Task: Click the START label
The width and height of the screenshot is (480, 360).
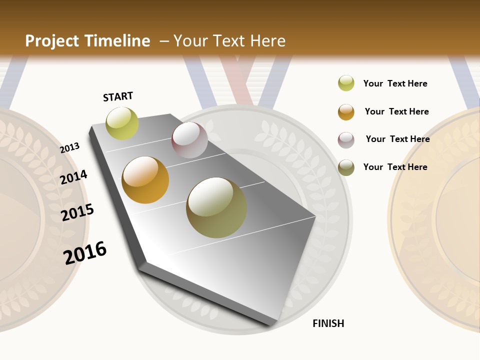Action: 118,96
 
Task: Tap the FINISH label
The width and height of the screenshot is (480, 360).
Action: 328,323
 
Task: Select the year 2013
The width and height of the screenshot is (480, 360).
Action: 70,148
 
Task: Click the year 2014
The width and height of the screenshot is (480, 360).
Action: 73,177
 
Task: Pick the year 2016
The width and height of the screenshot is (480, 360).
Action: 85,252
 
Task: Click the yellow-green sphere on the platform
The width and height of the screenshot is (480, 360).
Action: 122,123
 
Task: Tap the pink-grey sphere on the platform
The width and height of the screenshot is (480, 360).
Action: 189,140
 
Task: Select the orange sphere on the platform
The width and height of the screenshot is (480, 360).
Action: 145,180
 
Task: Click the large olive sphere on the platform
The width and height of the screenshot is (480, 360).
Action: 216,207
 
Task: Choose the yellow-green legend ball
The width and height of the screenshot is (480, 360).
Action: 346,83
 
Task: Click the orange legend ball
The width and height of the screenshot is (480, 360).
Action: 346,112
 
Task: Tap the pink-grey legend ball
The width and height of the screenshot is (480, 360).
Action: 346,140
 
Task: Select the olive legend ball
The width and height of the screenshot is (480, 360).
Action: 346,167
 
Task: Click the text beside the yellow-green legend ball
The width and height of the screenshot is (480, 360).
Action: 395,83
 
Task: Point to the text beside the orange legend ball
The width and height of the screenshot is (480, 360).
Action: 396,111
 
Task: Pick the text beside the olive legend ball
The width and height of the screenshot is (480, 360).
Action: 395,167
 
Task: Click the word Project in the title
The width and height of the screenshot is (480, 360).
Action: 52,41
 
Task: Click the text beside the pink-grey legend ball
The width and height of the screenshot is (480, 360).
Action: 397,139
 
